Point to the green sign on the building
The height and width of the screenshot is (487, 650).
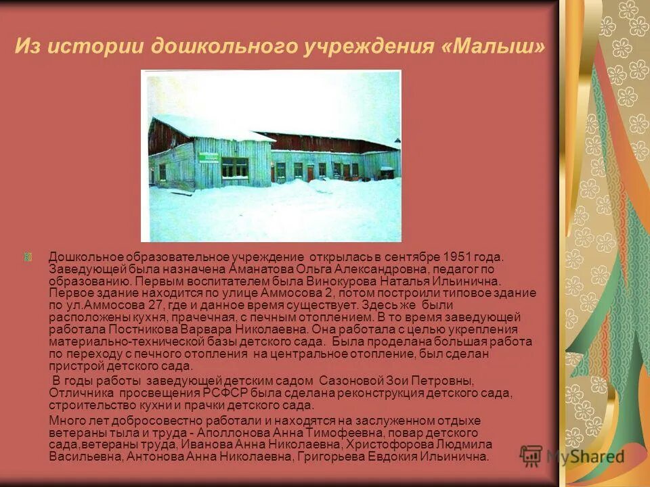pos(209,158)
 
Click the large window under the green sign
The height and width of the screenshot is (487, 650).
pos(234,168)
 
